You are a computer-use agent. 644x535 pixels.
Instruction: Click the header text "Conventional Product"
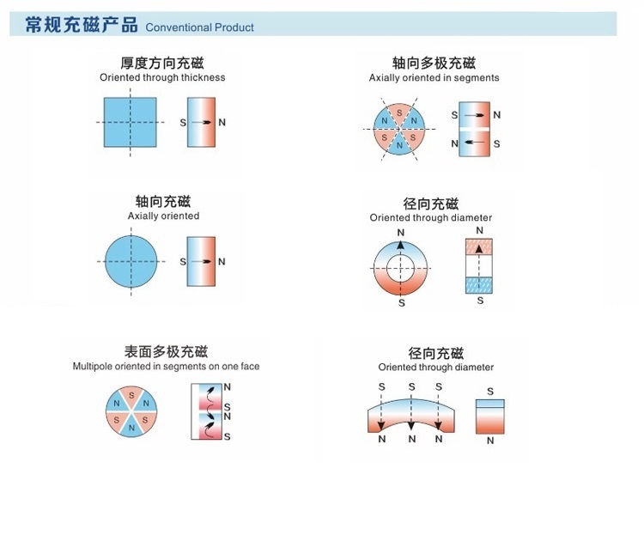coord(200,27)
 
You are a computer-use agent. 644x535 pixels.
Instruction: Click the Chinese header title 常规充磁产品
coord(82,25)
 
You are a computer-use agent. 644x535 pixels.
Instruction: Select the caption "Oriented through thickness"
coord(162,77)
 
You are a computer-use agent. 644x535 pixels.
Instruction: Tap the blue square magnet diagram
coord(130,122)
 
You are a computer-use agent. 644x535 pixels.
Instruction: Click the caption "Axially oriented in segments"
coord(434,77)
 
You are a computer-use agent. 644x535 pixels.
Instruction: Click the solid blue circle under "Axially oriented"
coord(131,262)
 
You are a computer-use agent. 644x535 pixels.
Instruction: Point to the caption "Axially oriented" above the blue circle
coord(163,216)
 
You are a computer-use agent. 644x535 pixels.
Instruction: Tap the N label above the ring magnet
coord(401,232)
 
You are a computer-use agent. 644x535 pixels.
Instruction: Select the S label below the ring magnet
coord(401,303)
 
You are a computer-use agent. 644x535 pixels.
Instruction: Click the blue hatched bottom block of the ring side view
coord(478,285)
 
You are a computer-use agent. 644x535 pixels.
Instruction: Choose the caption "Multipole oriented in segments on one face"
coord(166,367)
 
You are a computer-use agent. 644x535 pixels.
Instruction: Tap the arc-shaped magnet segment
coord(411,416)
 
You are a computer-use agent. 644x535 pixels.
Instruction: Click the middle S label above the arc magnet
coord(411,387)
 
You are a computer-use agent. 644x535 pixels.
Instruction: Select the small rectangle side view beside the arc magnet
coord(490,416)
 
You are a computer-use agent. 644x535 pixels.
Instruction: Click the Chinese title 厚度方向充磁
coord(162,62)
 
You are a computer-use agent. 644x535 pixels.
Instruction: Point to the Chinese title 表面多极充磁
coord(166,351)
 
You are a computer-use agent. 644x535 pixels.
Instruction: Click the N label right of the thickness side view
coord(222,122)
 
